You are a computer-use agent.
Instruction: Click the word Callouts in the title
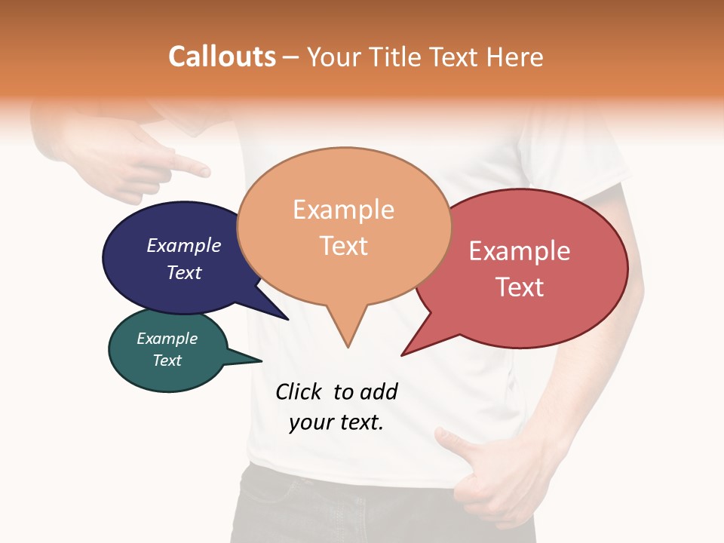coord(222,57)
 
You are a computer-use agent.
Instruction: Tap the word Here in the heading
coord(515,57)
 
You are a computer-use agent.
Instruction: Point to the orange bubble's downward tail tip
coord(348,347)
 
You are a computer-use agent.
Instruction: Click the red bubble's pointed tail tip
coord(402,355)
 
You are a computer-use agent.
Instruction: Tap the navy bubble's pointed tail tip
coord(288,320)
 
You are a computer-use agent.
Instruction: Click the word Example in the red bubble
coord(520,251)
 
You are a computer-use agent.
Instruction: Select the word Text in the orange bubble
coord(344,246)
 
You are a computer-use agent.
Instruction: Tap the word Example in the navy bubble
coord(184,246)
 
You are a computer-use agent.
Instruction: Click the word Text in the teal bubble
coord(167,360)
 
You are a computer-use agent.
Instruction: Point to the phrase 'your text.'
coord(336,422)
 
